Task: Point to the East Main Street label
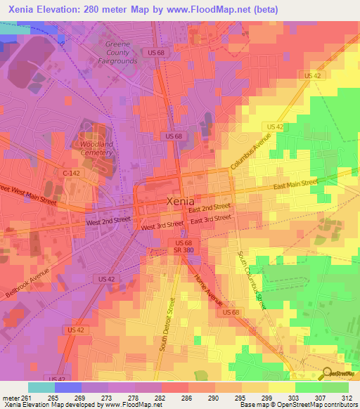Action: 296,184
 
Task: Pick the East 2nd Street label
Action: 210,208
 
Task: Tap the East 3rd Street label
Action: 211,219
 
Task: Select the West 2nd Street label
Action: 108,221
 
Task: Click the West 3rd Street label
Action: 162,226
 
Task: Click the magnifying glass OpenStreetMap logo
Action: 328,373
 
